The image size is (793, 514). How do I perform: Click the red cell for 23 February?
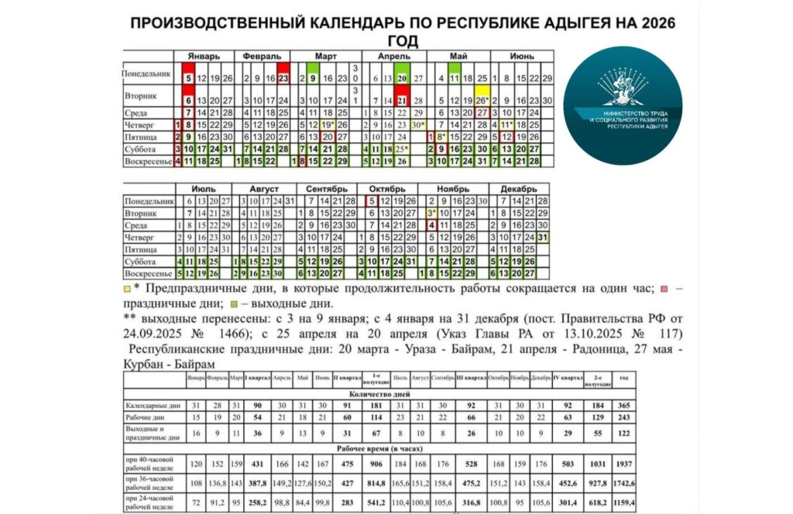coord(283,78)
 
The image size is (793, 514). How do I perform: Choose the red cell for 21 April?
coord(402,101)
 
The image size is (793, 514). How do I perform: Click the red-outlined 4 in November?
coord(431,225)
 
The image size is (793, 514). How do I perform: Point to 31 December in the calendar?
coord(543,237)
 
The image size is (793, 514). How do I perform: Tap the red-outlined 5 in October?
coord(372,200)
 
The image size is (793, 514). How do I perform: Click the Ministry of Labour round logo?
coord(623,95)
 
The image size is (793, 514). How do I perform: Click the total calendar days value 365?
coord(624,405)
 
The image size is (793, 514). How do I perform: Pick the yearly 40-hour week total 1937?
coord(624,464)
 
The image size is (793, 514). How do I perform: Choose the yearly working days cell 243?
coord(624,418)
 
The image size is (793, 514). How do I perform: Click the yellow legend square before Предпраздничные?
coord(127,290)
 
